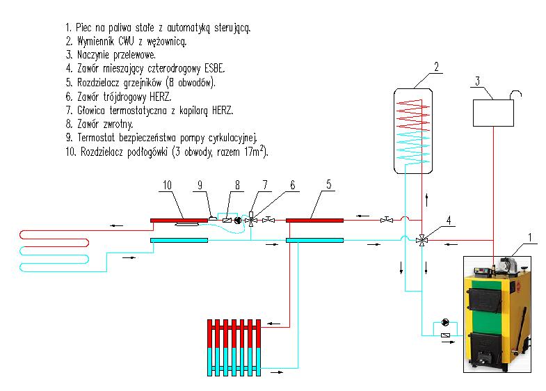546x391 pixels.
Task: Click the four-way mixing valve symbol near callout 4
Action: click(x=421, y=239)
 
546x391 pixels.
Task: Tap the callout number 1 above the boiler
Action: click(x=531, y=237)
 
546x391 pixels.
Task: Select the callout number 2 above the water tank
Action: click(x=436, y=67)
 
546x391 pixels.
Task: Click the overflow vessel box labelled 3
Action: click(x=493, y=111)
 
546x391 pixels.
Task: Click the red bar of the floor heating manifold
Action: click(x=179, y=221)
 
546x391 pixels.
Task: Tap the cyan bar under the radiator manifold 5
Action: click(x=314, y=241)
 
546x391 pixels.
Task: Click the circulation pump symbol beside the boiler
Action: click(x=445, y=324)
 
